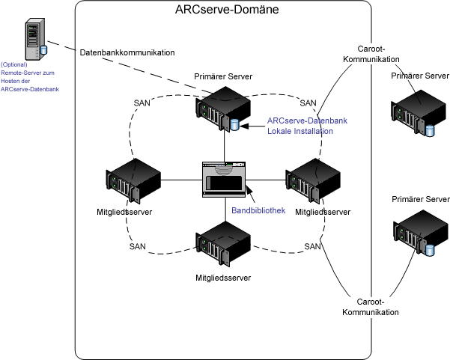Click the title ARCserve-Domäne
pos(224,10)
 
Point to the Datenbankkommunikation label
pos(127,53)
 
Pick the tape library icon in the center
pos(225,180)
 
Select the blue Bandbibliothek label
pos(258,211)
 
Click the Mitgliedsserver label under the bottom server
pos(223,278)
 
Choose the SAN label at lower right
pos(312,246)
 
